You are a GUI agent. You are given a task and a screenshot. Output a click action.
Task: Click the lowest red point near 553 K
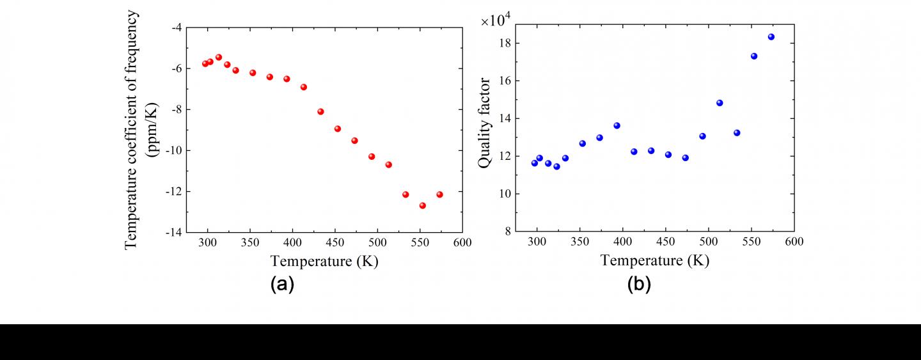click(422, 205)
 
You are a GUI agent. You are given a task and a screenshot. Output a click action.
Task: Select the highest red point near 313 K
click(218, 57)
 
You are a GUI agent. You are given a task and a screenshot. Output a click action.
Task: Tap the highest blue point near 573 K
click(771, 36)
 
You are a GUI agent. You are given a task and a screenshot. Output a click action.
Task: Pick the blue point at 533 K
click(737, 133)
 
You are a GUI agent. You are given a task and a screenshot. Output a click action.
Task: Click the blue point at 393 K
click(617, 125)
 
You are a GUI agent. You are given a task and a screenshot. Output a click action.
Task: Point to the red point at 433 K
click(320, 111)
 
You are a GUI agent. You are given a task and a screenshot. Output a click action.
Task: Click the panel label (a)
click(282, 284)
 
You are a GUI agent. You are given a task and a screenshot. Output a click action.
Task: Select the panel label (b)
click(638, 284)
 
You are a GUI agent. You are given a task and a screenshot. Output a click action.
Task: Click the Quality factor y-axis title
click(485, 123)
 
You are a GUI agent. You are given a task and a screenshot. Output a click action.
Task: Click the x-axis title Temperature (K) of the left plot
click(324, 261)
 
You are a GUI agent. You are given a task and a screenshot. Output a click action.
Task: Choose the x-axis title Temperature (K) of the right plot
click(654, 261)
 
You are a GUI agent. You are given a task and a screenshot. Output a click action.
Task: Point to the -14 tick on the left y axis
click(175, 233)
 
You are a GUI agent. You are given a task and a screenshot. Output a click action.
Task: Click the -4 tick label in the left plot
click(177, 27)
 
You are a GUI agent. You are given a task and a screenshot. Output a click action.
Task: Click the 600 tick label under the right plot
click(794, 242)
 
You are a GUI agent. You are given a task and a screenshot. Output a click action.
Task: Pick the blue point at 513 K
click(720, 103)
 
